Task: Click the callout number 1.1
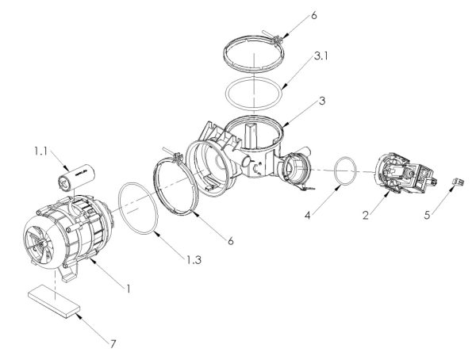tap(40, 151)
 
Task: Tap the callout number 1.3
tap(194, 260)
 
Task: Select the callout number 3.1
tap(321, 56)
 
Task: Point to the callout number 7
tap(113, 344)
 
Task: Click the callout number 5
tap(427, 215)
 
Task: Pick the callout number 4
tap(308, 216)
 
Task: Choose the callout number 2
tap(366, 215)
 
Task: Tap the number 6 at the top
tap(314, 15)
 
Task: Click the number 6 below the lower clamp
tap(231, 241)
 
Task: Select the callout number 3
tap(322, 101)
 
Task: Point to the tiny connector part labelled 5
tap(459, 182)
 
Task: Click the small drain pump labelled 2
tap(406, 174)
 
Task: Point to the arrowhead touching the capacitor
tap(66, 167)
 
